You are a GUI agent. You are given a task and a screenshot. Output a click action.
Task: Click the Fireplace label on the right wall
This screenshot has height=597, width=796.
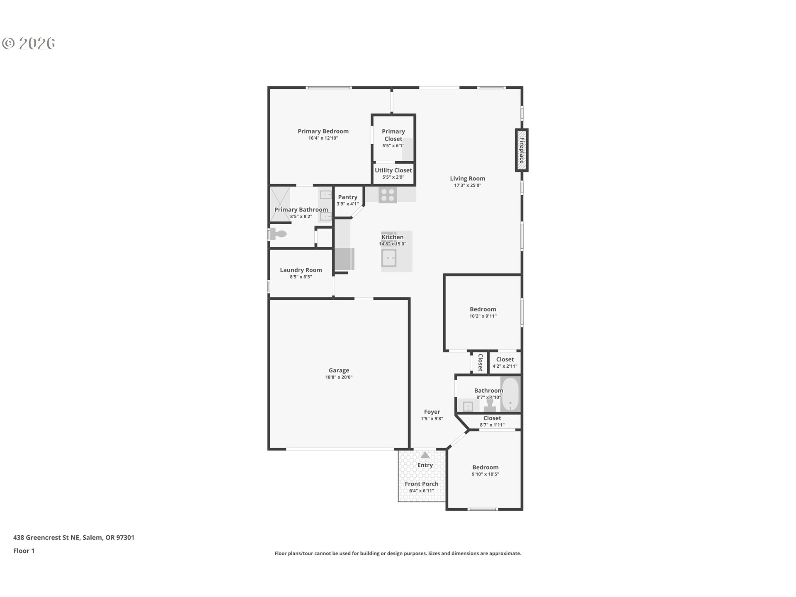pyautogui.click(x=522, y=150)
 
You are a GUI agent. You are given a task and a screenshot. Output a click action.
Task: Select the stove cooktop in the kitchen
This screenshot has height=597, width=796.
pyautogui.click(x=388, y=195)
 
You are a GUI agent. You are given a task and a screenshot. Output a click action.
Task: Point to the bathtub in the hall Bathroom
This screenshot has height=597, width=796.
pyautogui.click(x=510, y=394)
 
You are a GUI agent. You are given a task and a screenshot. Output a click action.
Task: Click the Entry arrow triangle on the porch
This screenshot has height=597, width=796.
pyautogui.click(x=425, y=455)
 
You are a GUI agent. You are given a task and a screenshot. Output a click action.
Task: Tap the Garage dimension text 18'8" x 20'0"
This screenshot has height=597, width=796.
pyautogui.click(x=339, y=377)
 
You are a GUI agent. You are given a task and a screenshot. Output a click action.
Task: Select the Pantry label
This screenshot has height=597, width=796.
pyautogui.click(x=347, y=197)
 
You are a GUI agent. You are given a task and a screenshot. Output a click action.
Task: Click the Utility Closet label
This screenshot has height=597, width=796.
pyautogui.click(x=393, y=170)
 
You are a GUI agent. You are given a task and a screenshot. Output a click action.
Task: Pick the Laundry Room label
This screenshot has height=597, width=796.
pyautogui.click(x=301, y=270)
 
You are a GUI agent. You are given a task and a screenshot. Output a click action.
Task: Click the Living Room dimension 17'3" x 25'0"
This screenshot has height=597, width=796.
pyautogui.click(x=467, y=185)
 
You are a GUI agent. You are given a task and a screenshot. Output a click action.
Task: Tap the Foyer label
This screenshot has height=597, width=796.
pyautogui.click(x=432, y=412)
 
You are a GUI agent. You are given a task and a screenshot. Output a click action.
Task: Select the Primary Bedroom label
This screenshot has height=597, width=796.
pyautogui.click(x=323, y=131)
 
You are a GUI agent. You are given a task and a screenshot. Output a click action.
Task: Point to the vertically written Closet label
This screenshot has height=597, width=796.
pyautogui.click(x=480, y=362)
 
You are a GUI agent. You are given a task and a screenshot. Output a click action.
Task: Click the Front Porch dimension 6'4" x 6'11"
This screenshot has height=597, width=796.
pyautogui.click(x=421, y=491)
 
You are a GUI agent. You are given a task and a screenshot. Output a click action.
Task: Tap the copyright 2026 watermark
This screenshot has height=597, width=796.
pyautogui.click(x=29, y=44)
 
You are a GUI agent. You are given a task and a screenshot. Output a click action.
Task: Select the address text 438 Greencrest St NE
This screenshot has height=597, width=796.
pyautogui.click(x=74, y=537)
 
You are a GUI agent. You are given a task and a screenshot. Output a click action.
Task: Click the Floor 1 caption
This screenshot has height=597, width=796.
pyautogui.click(x=24, y=551)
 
